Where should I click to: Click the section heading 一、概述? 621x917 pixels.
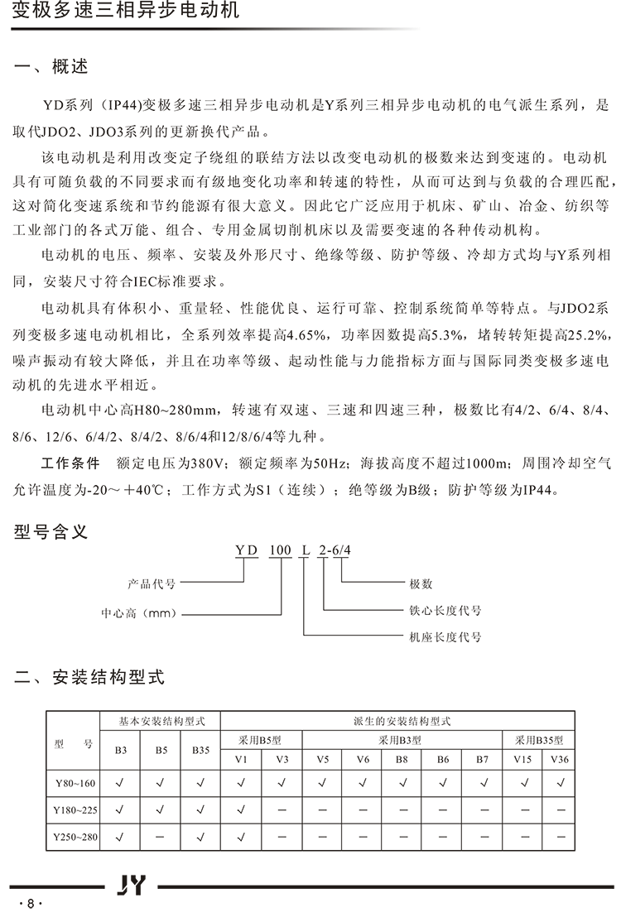coord(51,67)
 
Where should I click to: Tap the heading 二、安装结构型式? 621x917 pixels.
coord(90,678)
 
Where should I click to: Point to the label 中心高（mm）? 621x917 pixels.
coord(137,614)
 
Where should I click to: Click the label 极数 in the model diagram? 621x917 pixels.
coord(421,583)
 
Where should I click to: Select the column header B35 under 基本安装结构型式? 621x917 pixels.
coord(201,751)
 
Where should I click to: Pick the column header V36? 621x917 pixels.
coord(559,760)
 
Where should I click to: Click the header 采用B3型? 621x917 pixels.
coord(403,740)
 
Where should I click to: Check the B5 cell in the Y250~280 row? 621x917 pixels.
coord(161,838)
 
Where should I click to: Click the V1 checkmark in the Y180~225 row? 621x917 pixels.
coord(242,809)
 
